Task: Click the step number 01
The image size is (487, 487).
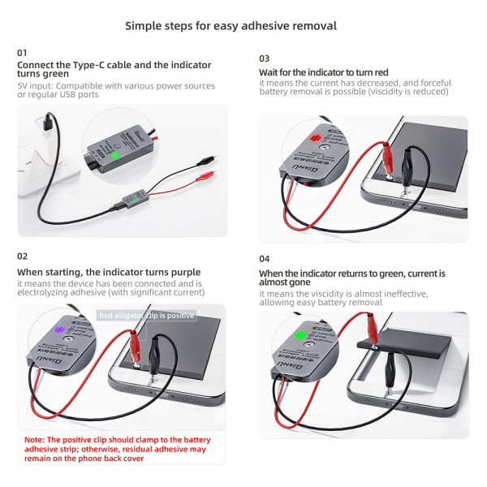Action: pos(22,53)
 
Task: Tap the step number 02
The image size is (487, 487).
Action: pos(23,256)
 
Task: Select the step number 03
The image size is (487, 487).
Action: pos(265,58)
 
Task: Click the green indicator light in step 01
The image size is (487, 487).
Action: pos(115,155)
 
